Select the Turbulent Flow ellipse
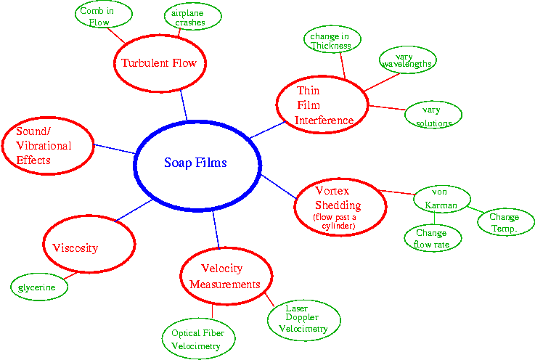[160, 63]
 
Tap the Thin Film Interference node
[322, 105]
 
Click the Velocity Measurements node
[225, 276]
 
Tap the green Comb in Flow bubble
[104, 16]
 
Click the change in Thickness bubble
[330, 41]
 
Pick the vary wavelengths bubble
[407, 60]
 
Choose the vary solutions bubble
[433, 115]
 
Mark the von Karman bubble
[441, 199]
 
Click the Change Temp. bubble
[504, 222]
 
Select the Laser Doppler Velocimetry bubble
[303, 319]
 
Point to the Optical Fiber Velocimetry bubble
[197, 339]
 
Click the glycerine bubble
[38, 287]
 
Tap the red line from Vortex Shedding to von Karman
[396, 193]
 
